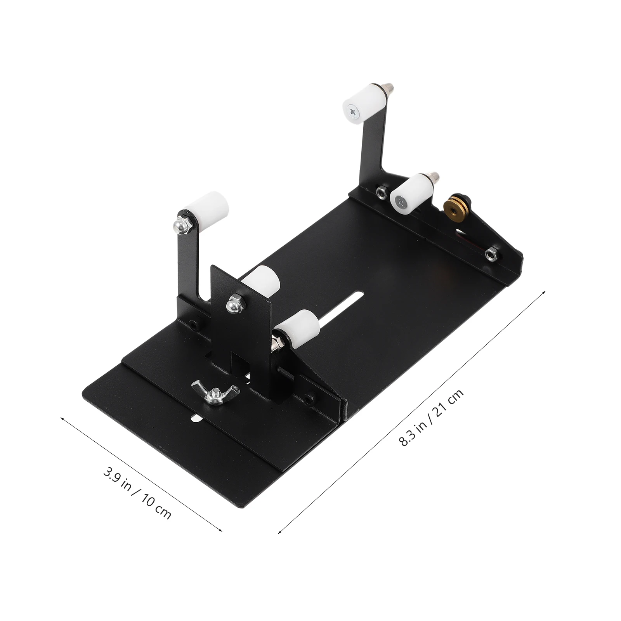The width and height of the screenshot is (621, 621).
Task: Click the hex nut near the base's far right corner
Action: (x=491, y=254)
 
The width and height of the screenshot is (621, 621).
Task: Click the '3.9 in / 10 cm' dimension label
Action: (x=136, y=494)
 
